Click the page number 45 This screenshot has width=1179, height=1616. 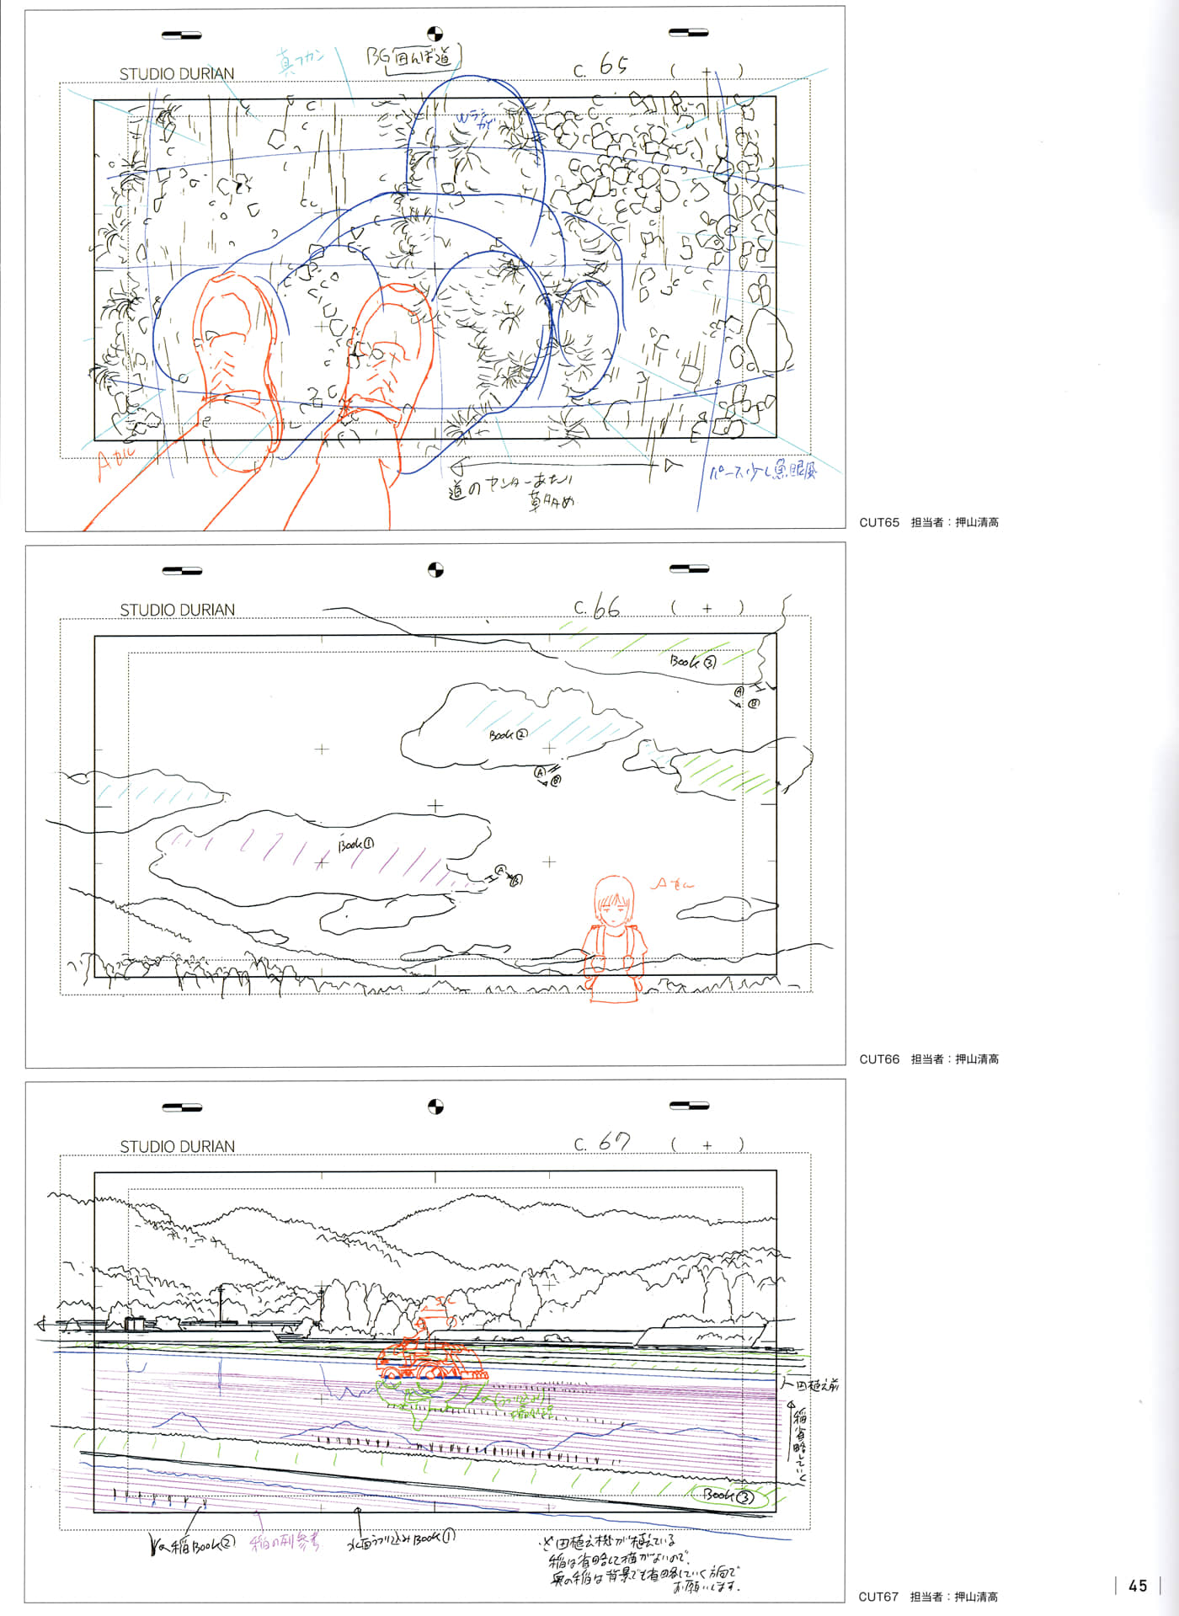(x=1138, y=1586)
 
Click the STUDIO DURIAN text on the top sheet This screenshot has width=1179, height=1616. (x=177, y=74)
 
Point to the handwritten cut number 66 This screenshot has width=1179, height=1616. (x=606, y=607)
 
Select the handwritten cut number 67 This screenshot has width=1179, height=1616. (x=614, y=1143)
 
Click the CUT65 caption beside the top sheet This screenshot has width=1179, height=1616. (x=879, y=522)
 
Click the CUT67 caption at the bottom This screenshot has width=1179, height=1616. (x=878, y=1597)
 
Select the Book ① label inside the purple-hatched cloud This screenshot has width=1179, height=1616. (x=356, y=844)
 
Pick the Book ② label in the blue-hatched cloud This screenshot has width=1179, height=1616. (x=509, y=734)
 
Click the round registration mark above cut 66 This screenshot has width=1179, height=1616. (x=435, y=570)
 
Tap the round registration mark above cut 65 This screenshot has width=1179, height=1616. (x=435, y=34)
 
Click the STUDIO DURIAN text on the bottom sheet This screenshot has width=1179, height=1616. (x=177, y=1146)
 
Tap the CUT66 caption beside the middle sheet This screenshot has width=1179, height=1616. (x=879, y=1059)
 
